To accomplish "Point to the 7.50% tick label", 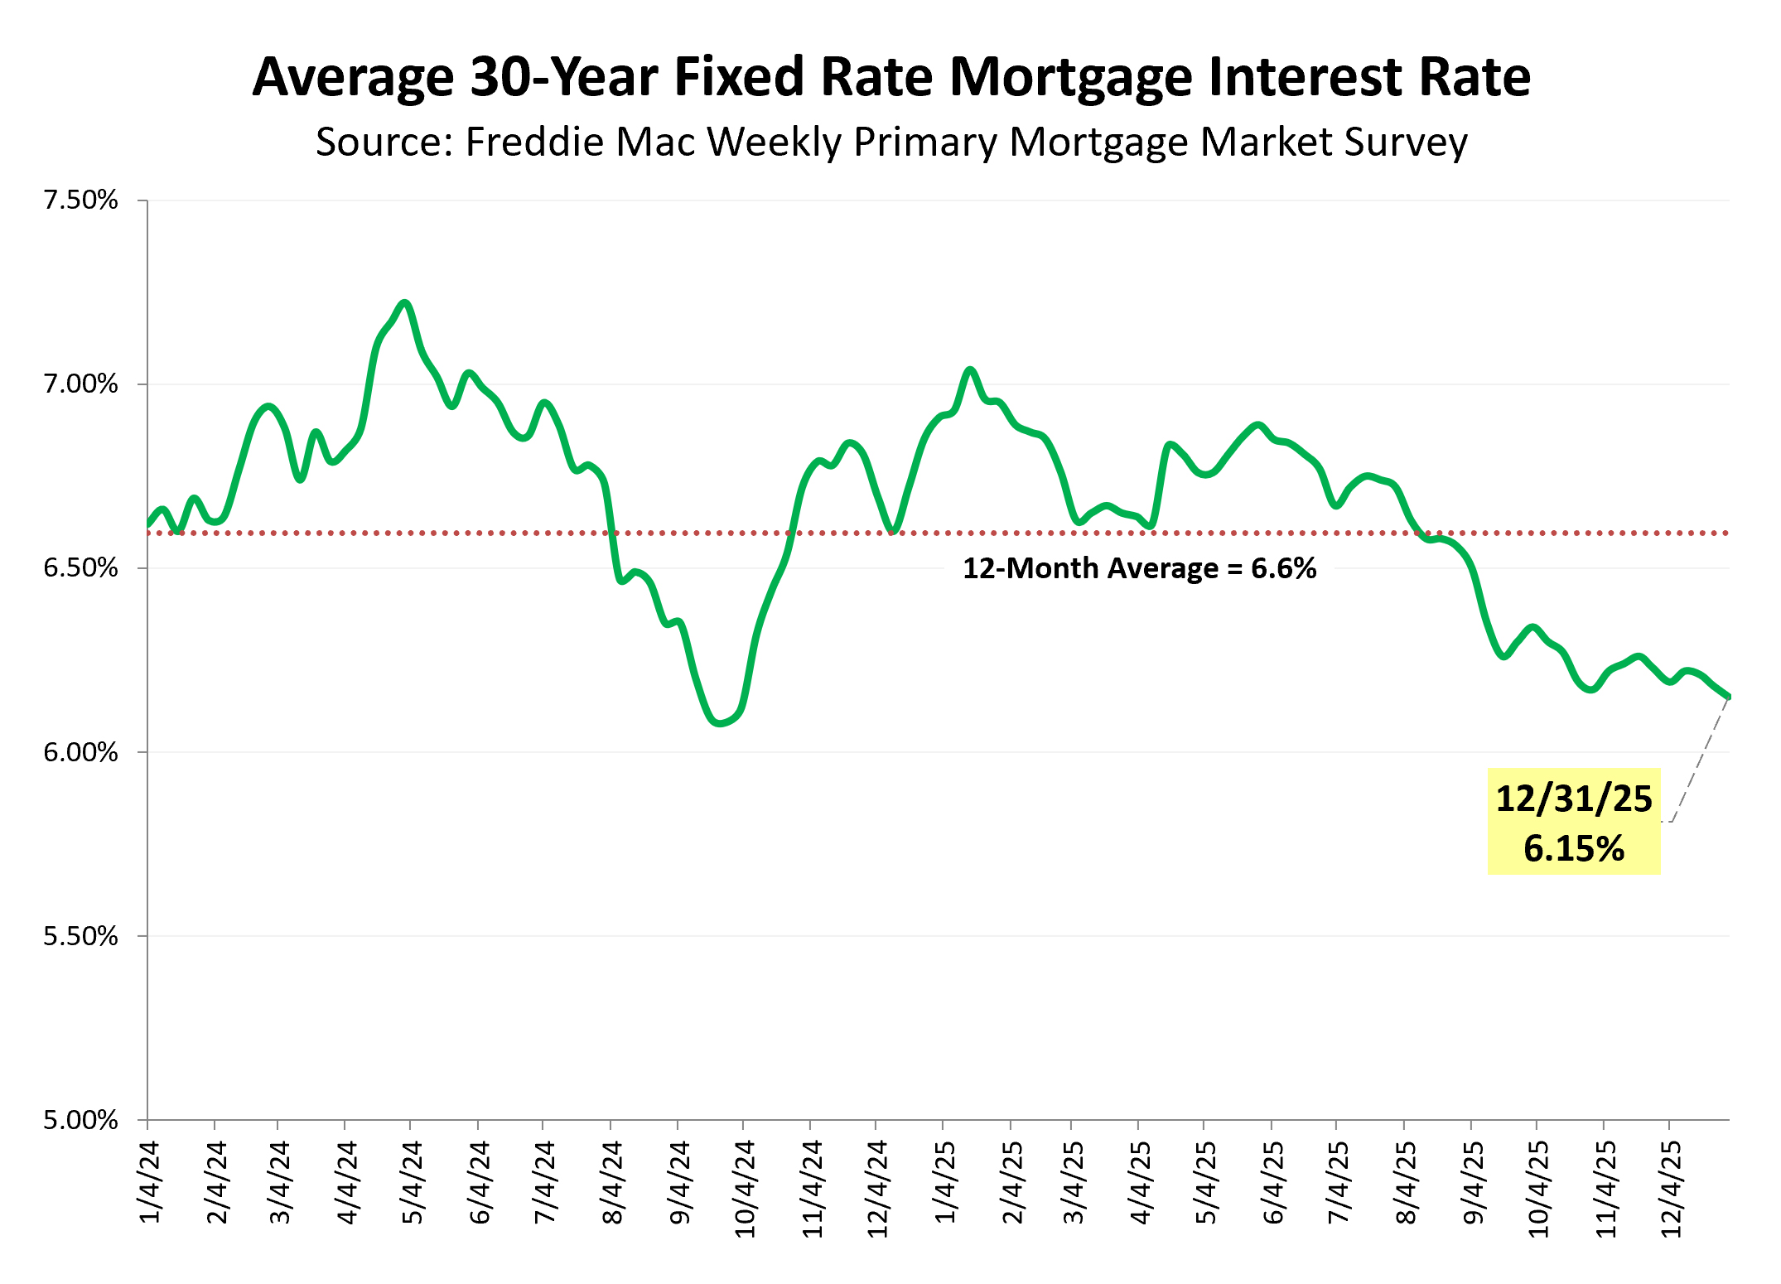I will tap(81, 200).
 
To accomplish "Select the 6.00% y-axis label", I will tap(81, 752).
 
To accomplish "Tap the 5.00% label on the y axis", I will tap(81, 1120).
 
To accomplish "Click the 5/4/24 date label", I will tap(412, 1182).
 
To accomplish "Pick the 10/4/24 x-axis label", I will tap(745, 1189).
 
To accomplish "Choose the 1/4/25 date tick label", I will tap(944, 1182).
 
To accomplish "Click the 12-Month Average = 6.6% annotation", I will tap(1139, 569).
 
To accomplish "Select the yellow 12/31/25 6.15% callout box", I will tap(1573, 821).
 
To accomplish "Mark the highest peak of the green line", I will tap(405, 303).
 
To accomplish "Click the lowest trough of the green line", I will tap(720, 723).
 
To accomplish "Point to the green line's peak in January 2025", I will tap(970, 370).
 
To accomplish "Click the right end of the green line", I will tap(1728, 697).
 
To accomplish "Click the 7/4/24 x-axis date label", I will tap(544, 1182).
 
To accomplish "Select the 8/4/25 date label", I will tap(1406, 1182).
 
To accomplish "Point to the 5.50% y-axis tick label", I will tap(81, 936).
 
